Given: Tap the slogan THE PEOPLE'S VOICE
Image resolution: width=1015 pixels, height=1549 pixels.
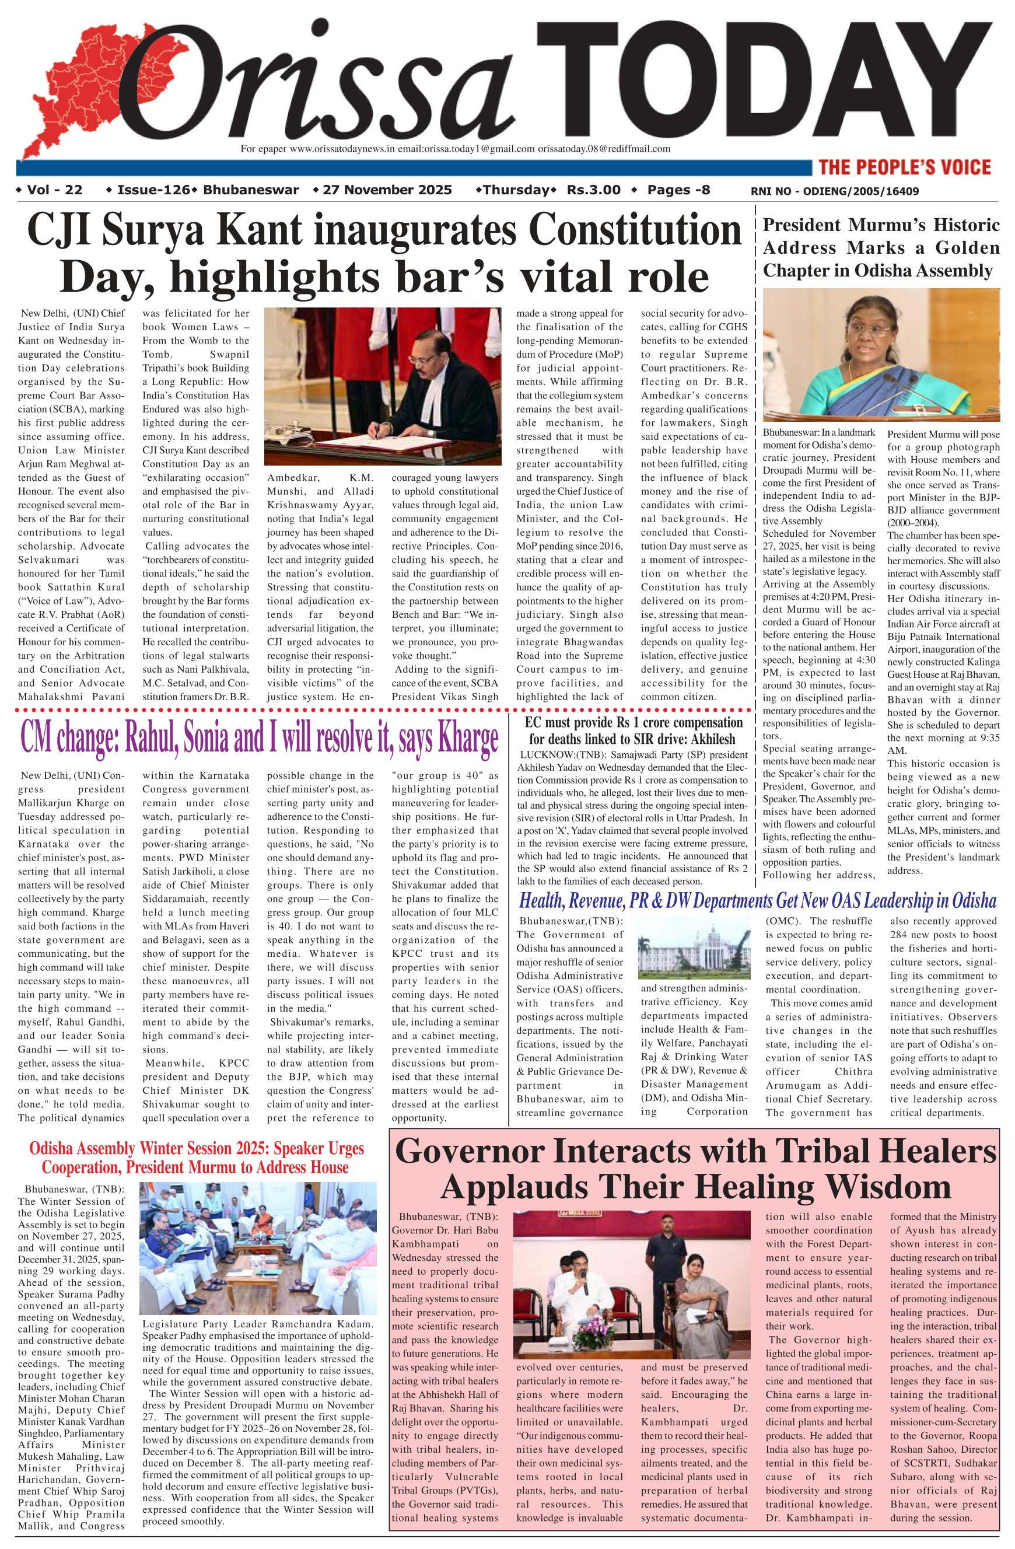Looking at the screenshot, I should tap(904, 167).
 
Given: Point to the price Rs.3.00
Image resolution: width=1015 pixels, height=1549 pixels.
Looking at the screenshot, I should tap(593, 190).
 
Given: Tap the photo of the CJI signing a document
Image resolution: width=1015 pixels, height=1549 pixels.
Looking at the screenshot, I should tap(383, 386).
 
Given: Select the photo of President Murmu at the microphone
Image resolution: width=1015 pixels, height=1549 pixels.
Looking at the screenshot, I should tap(881, 355).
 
